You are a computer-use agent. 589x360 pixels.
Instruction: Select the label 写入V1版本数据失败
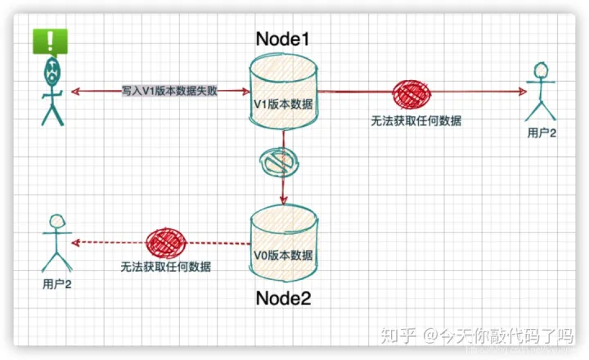(170, 92)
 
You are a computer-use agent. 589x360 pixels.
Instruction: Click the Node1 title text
(283, 38)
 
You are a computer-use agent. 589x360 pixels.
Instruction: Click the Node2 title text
(283, 298)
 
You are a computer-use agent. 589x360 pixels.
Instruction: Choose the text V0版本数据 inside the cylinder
(283, 254)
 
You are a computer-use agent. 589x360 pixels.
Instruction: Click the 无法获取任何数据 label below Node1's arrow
(416, 121)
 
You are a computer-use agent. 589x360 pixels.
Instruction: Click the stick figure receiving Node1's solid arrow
(541, 94)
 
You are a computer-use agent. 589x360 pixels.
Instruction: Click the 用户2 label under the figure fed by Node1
(542, 133)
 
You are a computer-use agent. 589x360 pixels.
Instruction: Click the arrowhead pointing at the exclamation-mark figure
(75, 91)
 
